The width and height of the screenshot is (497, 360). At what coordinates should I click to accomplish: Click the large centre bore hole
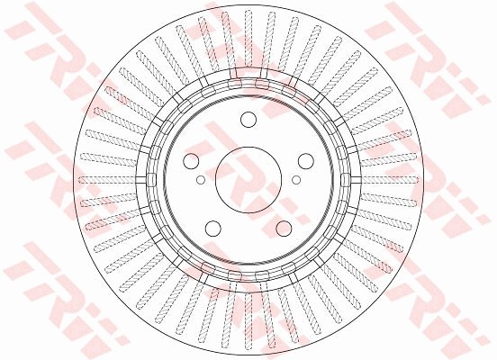pyautogui.click(x=248, y=179)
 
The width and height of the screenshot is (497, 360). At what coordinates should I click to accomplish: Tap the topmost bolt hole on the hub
pyautogui.click(x=248, y=121)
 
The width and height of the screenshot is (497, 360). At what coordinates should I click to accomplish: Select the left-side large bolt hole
pyautogui.click(x=192, y=162)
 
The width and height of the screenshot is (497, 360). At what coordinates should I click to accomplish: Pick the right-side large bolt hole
pyautogui.click(x=304, y=162)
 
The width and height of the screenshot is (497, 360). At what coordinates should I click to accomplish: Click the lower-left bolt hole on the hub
pyautogui.click(x=213, y=228)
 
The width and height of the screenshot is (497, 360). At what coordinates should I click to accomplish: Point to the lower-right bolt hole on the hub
pyautogui.click(x=284, y=228)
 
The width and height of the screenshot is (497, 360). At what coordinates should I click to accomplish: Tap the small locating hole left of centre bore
pyautogui.click(x=201, y=179)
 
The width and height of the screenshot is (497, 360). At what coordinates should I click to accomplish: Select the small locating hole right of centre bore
pyautogui.click(x=296, y=179)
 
